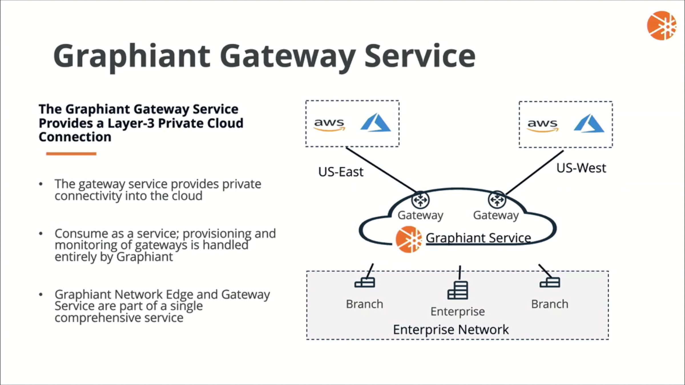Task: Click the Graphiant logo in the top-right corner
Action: tap(661, 26)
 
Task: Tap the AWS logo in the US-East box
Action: tap(329, 125)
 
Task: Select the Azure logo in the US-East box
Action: tap(375, 123)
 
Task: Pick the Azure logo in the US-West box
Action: tap(589, 123)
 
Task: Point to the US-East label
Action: tap(341, 172)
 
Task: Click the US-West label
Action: tap(581, 168)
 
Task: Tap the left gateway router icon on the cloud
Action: tap(420, 200)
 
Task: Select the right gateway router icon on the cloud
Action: tap(497, 200)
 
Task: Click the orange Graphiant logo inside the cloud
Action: tap(408, 240)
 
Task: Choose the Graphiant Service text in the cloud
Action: tap(478, 238)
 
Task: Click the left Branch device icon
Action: tap(364, 283)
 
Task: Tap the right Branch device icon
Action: tap(550, 282)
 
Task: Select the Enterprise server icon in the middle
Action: tap(458, 290)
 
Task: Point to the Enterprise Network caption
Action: tap(451, 330)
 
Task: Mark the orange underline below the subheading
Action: tap(71, 154)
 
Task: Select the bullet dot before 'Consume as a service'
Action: tap(41, 234)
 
